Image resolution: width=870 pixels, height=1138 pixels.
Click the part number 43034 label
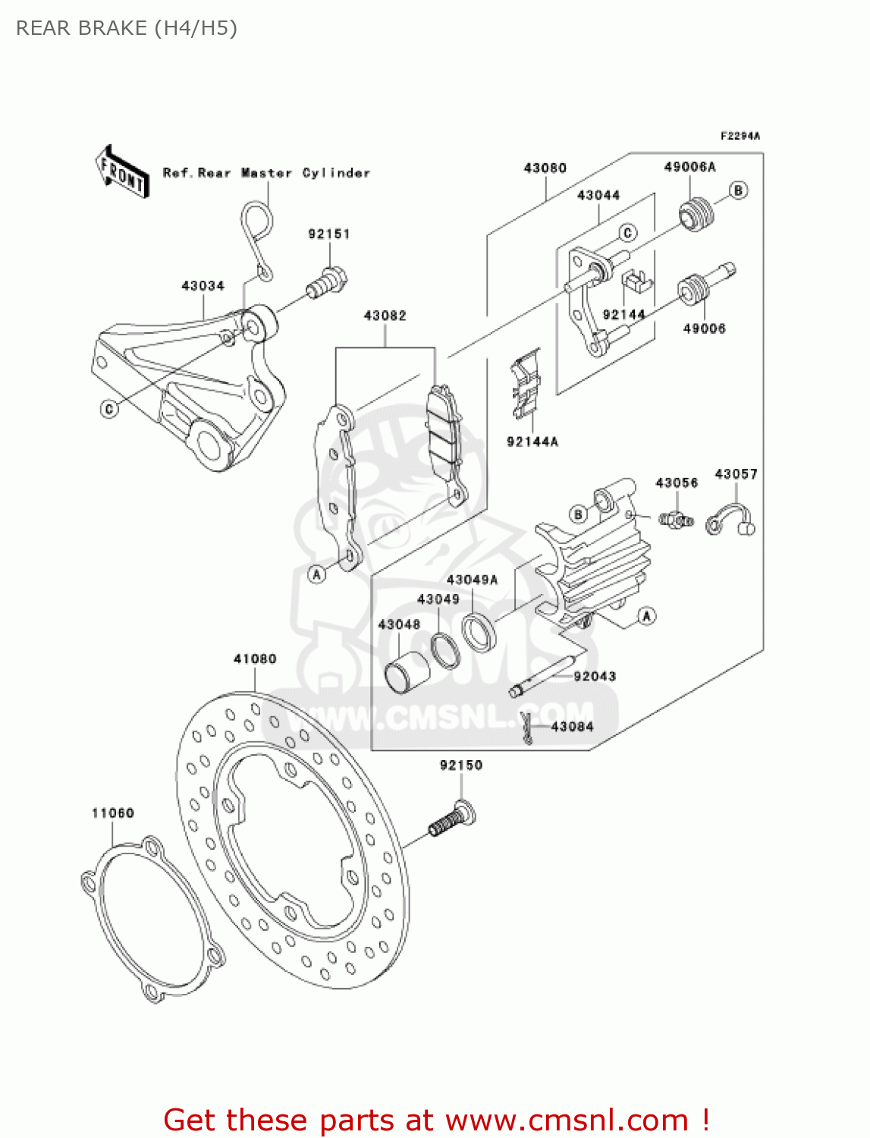pos(203,286)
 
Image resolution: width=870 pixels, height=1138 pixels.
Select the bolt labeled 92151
pos(327,282)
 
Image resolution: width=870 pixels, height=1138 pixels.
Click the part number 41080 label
pos(255,659)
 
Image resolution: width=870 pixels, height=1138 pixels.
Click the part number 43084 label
pos(572,727)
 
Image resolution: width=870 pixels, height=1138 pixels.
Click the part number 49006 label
pos(704,329)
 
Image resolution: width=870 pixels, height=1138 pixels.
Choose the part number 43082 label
pos(385,316)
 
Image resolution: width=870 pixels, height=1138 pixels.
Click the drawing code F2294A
pos(740,137)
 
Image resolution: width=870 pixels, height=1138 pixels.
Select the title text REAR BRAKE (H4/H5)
pos(127,28)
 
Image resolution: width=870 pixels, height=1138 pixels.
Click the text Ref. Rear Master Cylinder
pos(266,173)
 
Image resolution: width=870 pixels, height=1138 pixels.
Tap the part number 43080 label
pos(545,168)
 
